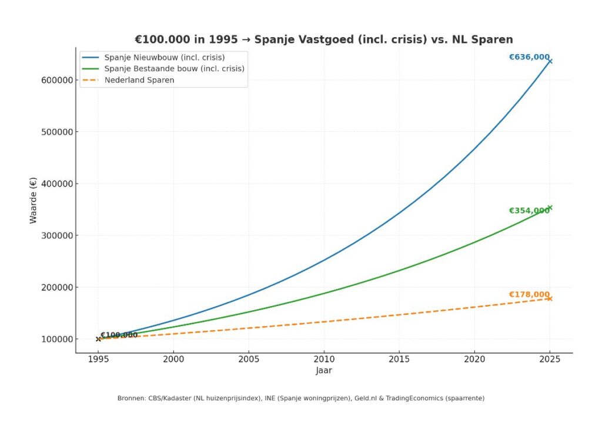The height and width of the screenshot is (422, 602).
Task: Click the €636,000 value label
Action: [529, 57]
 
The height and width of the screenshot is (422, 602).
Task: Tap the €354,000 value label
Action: [529, 211]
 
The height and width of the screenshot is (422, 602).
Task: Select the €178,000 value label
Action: [529, 295]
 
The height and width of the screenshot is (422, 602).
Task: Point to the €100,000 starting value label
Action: [119, 335]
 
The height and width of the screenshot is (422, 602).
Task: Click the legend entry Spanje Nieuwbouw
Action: [164, 58]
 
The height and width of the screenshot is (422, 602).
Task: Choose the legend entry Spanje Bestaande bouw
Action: [174, 69]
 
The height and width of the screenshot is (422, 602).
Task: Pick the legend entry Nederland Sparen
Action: [139, 80]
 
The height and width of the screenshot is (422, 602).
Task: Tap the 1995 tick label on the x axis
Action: [98, 358]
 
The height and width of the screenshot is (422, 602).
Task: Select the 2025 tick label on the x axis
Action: [550, 358]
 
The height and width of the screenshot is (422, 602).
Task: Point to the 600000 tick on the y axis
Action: [55, 80]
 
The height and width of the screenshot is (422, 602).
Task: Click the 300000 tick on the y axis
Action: [55, 235]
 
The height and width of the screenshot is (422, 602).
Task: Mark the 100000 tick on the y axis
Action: [55, 340]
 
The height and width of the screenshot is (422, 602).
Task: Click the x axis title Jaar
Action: [324, 371]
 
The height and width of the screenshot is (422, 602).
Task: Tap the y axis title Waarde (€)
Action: [34, 200]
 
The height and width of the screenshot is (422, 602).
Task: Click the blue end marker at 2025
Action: [550, 61]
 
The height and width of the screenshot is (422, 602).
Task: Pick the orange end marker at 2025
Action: [550, 299]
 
